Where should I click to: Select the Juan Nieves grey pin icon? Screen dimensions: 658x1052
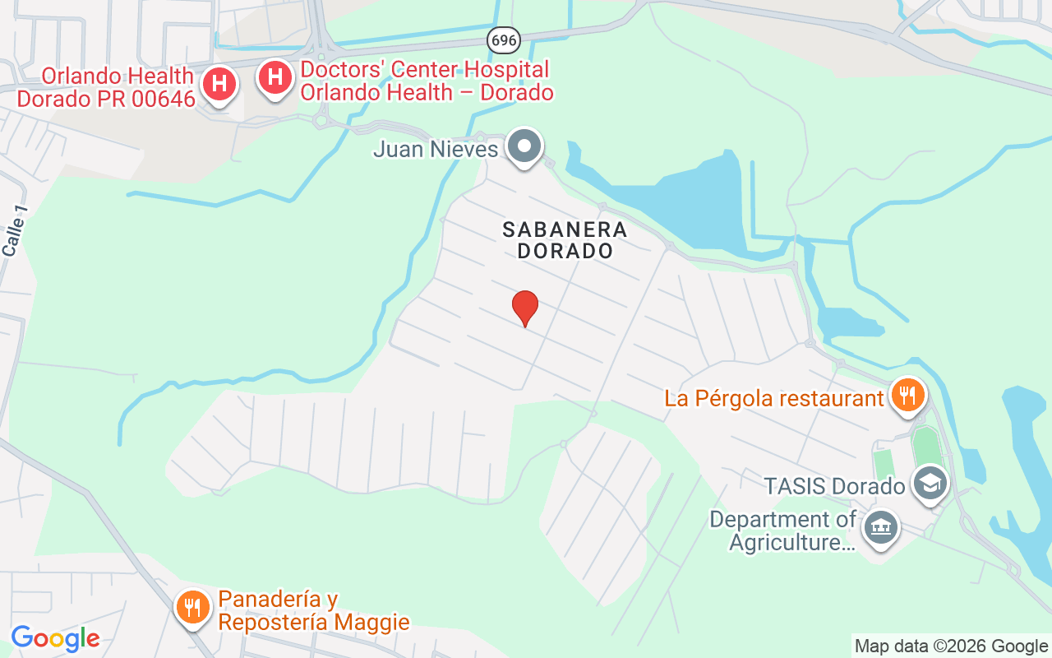524,148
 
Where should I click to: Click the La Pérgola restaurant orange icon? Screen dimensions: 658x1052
907,396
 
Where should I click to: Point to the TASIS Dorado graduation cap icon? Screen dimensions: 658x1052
930,484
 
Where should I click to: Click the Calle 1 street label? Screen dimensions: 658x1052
15,231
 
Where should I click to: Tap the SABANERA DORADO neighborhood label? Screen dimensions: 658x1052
565,240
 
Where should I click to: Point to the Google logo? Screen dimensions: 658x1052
55,638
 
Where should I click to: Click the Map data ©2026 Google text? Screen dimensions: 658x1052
951,646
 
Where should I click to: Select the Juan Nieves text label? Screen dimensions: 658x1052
436,150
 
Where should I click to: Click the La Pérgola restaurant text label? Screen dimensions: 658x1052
773,399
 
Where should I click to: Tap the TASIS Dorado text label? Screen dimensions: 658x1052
834,486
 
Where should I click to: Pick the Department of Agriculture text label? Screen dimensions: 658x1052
783,531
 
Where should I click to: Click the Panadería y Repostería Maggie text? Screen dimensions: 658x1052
314,610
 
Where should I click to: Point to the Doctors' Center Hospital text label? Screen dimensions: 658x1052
426,81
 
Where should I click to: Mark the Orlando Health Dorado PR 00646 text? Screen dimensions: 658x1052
106,87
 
